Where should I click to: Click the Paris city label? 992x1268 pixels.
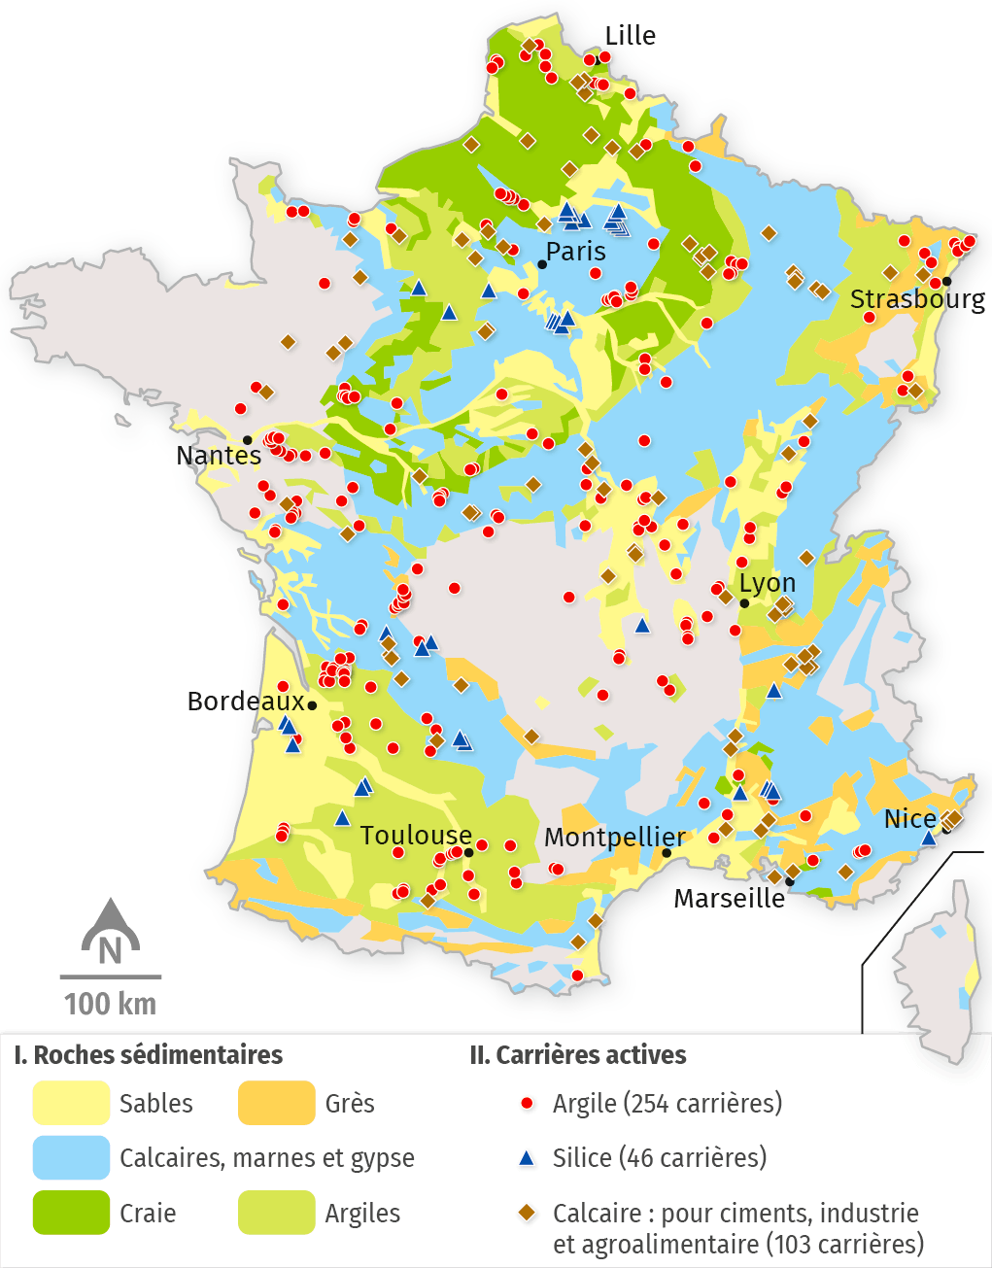[575, 252]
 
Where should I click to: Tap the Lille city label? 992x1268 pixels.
[630, 36]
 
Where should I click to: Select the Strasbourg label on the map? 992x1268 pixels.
[917, 299]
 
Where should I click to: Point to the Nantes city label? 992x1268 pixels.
[219, 456]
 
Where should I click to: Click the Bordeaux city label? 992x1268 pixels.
[246, 702]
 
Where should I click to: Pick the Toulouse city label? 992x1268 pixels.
[416, 836]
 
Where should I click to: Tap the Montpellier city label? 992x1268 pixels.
[614, 838]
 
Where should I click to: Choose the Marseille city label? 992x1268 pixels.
[730, 899]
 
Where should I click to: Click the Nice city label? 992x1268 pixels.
[910, 819]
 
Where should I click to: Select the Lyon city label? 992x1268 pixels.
[768, 583]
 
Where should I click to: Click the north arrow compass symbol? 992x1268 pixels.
[111, 933]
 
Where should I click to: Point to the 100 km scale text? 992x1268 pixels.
[111, 1004]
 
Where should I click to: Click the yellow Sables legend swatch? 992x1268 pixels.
[71, 1104]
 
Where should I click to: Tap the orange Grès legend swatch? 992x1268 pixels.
[277, 1104]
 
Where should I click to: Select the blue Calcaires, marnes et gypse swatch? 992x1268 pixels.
[71, 1158]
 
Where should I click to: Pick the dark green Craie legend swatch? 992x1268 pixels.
[71, 1214]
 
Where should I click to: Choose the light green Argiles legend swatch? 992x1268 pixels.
[277, 1214]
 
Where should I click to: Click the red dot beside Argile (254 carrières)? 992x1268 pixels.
[527, 1104]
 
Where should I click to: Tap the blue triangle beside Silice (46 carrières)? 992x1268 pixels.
[527, 1158]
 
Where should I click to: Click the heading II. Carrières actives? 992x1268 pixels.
[577, 1055]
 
